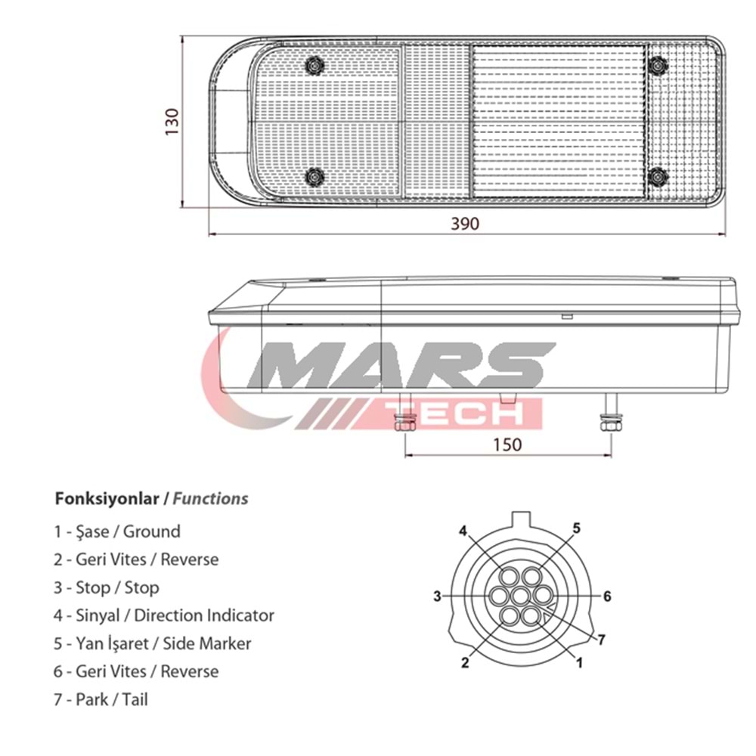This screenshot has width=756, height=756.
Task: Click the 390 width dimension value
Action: pos(465,224)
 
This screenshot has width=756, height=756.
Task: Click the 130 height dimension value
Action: pos(172,122)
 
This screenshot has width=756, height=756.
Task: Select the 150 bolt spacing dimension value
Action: pos(507,444)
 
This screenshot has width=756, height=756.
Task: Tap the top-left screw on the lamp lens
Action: pos(314,66)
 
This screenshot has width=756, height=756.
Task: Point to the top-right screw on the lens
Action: pos(658,66)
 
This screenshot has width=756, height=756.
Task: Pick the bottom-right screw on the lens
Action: pos(658,177)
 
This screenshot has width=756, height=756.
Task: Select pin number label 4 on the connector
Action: pos(463,531)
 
